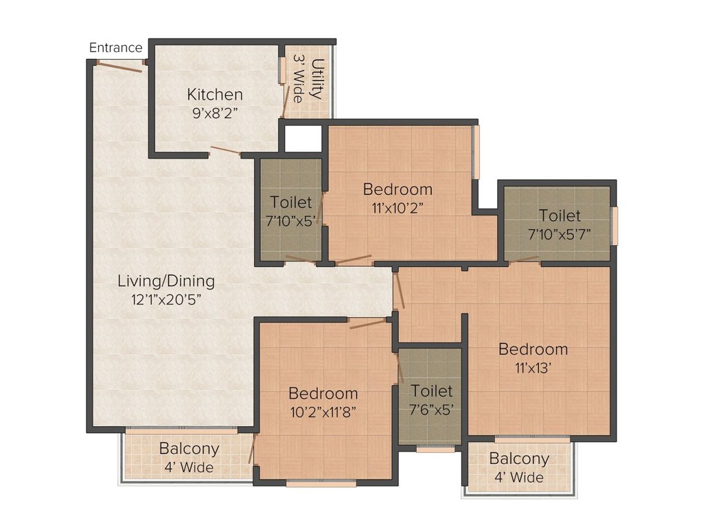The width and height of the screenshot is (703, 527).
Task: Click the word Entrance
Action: (116, 48)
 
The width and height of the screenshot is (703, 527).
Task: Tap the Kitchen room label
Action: (215, 95)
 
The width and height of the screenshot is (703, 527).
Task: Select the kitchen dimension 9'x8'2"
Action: (215, 113)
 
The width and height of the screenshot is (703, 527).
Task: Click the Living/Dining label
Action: (166, 281)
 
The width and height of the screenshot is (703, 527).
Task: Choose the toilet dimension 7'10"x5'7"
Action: (559, 233)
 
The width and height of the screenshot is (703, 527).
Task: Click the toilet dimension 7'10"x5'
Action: (291, 220)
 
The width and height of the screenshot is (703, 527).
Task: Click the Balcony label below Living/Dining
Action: (189, 449)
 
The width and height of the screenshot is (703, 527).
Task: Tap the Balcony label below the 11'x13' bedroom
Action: (518, 459)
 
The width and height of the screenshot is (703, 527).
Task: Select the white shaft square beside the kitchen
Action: (303, 139)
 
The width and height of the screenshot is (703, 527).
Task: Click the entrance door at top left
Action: (119, 66)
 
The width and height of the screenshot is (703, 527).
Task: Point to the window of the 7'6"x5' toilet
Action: (435, 450)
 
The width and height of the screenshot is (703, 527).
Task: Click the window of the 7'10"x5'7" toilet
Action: (615, 224)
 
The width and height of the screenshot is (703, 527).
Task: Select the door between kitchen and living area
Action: (224, 151)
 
